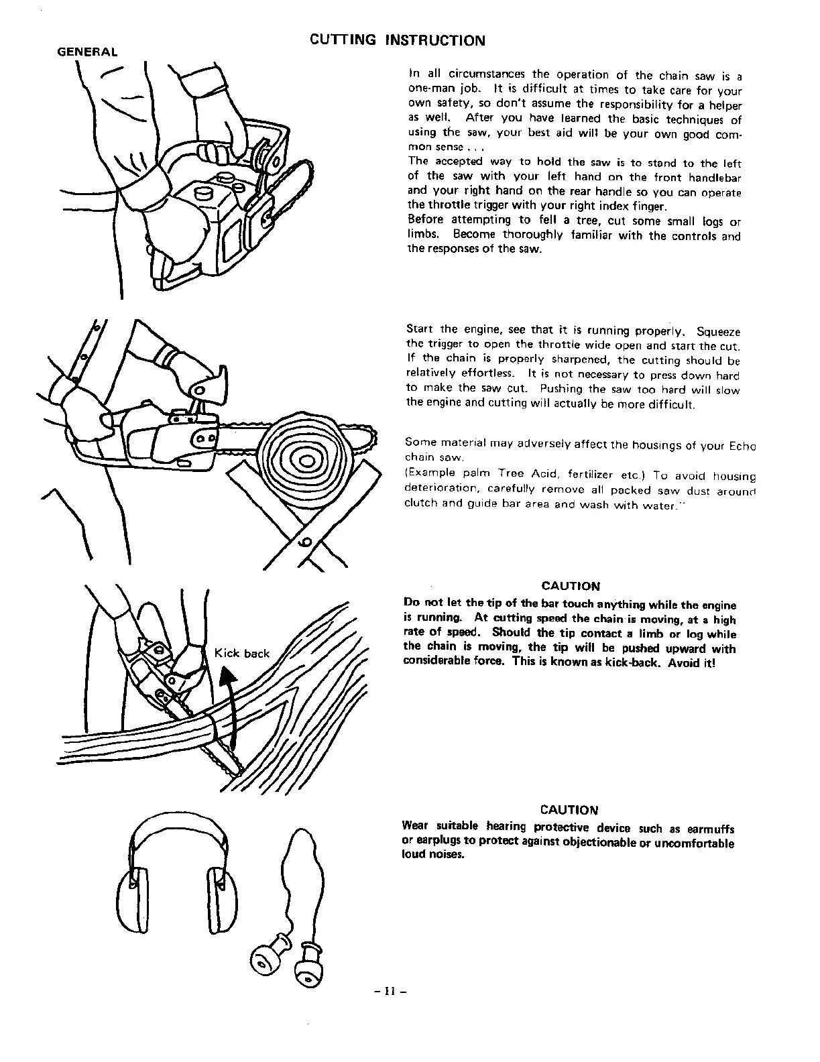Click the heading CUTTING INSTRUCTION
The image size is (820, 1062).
[397, 40]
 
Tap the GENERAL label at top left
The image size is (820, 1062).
[86, 52]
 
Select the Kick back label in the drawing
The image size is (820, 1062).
[241, 654]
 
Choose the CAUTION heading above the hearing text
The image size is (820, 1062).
[569, 810]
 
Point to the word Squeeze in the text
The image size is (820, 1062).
[718, 331]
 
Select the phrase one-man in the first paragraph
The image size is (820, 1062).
[426, 90]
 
